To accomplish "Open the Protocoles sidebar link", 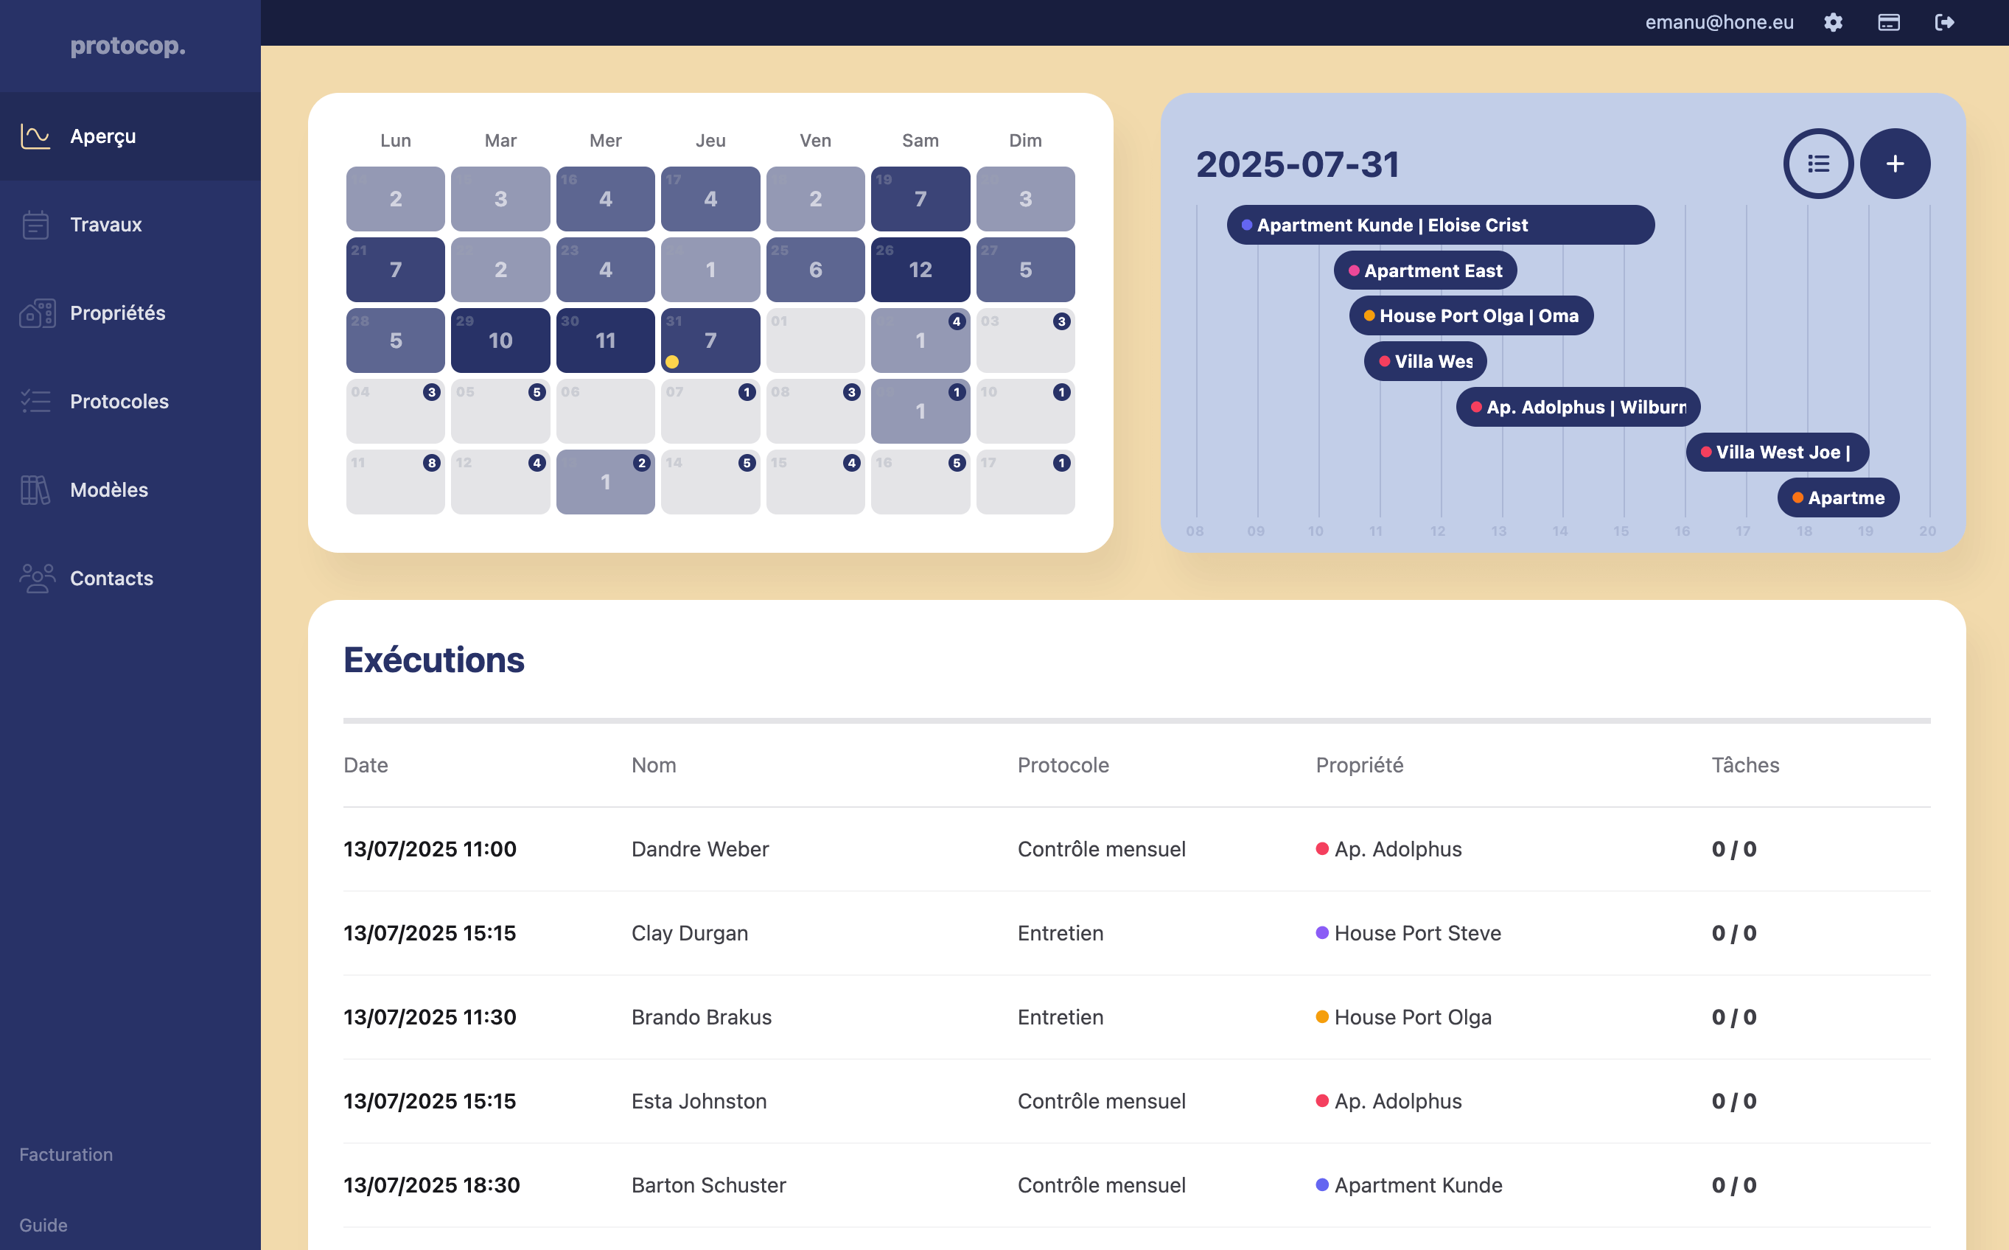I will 118,402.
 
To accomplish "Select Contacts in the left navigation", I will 111,579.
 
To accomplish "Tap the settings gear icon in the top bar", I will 1833,22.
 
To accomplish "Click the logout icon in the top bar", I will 1945,22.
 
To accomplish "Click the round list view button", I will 1818,164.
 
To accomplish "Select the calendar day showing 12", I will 920,270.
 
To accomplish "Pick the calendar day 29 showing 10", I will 500,341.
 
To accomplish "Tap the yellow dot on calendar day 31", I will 672,362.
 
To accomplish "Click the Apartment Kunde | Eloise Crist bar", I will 1439,225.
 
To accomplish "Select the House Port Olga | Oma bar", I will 1470,315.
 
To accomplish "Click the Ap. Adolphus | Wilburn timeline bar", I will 1577,407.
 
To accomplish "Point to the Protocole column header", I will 1063,766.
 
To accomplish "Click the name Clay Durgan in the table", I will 689,933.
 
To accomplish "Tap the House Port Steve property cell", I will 1416,933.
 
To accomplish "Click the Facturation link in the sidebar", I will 66,1155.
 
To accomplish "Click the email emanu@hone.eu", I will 1719,22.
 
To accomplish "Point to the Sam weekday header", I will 920,141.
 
